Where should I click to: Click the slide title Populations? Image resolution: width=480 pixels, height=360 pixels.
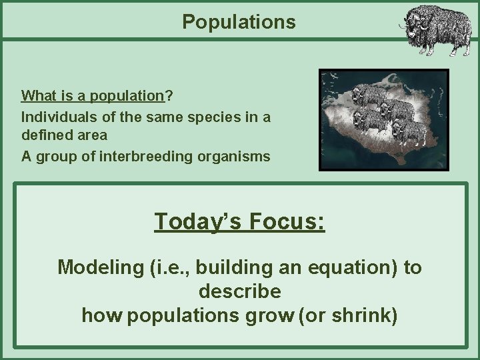point(239,22)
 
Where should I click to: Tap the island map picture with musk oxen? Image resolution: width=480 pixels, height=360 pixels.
point(384,120)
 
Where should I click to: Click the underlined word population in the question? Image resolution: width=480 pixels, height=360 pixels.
point(127,96)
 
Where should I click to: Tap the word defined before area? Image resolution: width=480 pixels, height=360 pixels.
point(44,135)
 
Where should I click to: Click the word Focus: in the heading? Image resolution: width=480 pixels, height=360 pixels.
point(287,221)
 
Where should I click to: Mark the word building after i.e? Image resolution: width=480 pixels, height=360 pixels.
point(228,267)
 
